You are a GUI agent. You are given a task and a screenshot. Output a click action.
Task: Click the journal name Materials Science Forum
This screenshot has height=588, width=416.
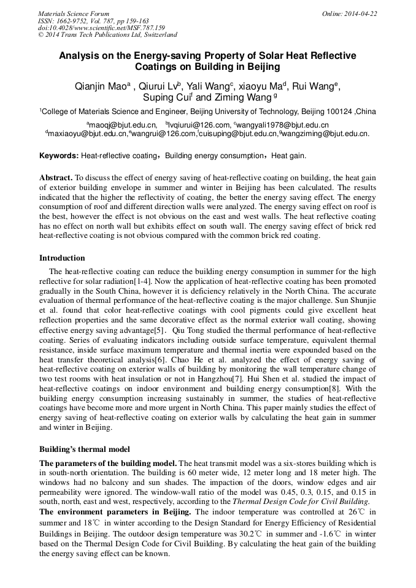[x=74, y=13]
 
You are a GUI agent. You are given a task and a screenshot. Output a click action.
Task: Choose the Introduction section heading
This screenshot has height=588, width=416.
[x=62, y=258]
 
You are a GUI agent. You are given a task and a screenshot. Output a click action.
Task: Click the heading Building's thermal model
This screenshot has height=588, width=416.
[x=84, y=449]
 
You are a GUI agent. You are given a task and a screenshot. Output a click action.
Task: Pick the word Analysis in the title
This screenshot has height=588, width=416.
[x=78, y=55]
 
